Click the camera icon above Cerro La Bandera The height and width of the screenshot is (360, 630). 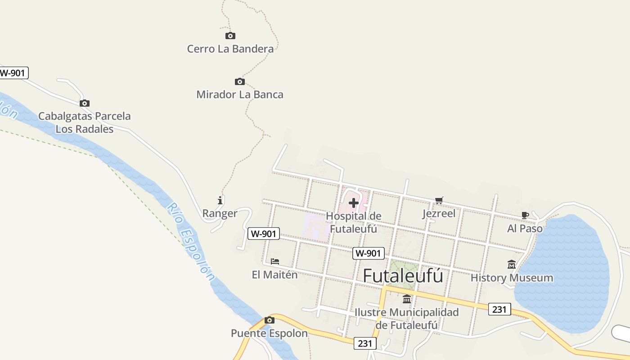pyautogui.click(x=230, y=36)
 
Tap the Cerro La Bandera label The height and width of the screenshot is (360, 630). pyautogui.click(x=230, y=49)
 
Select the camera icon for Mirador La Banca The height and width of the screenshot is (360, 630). pyautogui.click(x=240, y=81)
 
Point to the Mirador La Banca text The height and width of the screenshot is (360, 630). pyautogui.click(x=240, y=94)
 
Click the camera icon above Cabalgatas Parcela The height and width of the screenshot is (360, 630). pyautogui.click(x=85, y=103)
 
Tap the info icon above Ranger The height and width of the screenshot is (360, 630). pyautogui.click(x=220, y=200)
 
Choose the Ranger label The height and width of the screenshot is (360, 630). pyautogui.click(x=220, y=213)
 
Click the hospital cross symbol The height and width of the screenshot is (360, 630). pyautogui.click(x=354, y=203)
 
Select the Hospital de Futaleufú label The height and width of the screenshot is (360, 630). pyautogui.click(x=354, y=222)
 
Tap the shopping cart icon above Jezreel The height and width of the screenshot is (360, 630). pyautogui.click(x=439, y=200)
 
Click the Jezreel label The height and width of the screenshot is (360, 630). pyautogui.click(x=439, y=213)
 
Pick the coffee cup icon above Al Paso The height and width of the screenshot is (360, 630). pyautogui.click(x=525, y=215)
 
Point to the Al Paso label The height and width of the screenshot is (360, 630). pyautogui.click(x=525, y=229)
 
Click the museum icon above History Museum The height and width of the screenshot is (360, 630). pyautogui.click(x=512, y=265)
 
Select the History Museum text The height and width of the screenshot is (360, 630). pyautogui.click(x=512, y=278)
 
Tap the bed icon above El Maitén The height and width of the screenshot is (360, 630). pyautogui.click(x=275, y=261)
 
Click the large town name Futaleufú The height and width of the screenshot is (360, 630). pyautogui.click(x=403, y=276)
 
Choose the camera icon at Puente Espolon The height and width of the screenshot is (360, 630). pyautogui.click(x=270, y=320)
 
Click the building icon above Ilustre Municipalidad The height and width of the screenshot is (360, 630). pyautogui.click(x=407, y=299)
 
